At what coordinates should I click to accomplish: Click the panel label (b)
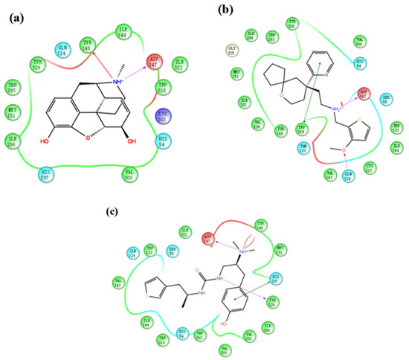(228, 10)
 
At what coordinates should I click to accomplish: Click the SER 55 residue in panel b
(384, 97)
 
